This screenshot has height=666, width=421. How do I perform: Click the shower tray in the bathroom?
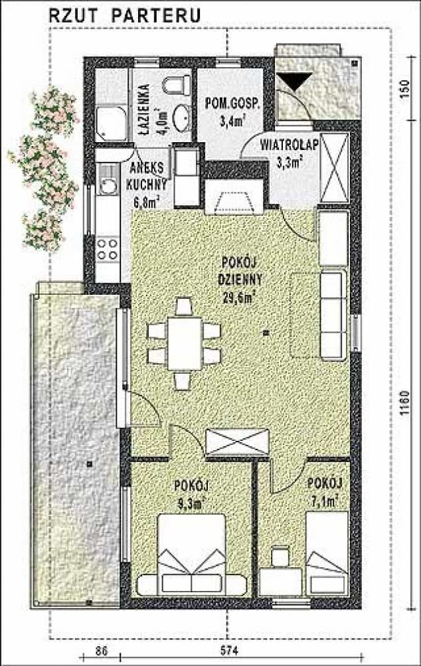[111, 124]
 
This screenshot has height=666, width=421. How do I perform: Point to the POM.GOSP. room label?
[232, 104]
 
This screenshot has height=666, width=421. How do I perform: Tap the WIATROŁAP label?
[290, 144]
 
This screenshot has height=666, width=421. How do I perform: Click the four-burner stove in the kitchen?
[108, 249]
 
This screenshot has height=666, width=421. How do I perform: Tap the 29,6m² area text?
[239, 296]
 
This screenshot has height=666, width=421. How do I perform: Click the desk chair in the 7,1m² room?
[280, 556]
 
